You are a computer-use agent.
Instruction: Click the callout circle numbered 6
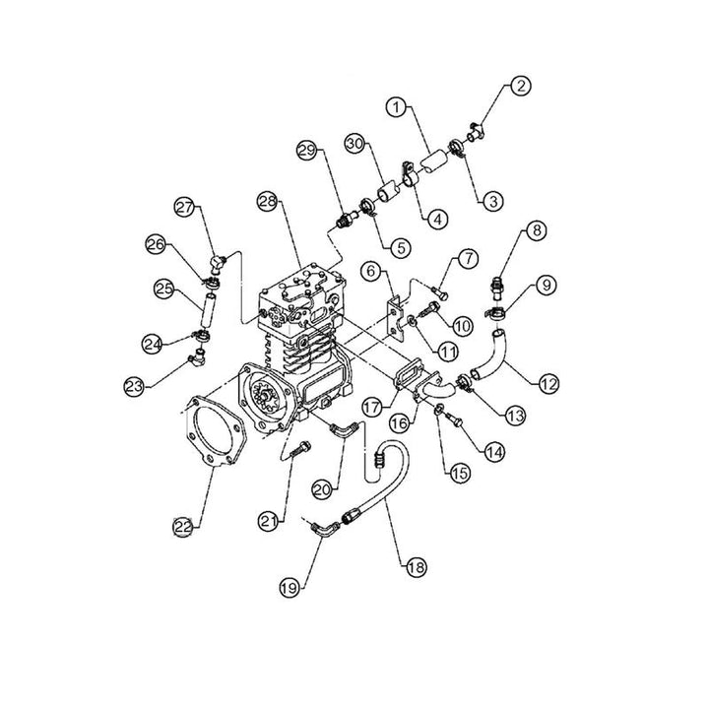tap(371, 270)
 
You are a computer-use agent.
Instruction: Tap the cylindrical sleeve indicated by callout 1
tap(431, 160)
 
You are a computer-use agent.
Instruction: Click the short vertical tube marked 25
tap(208, 305)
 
